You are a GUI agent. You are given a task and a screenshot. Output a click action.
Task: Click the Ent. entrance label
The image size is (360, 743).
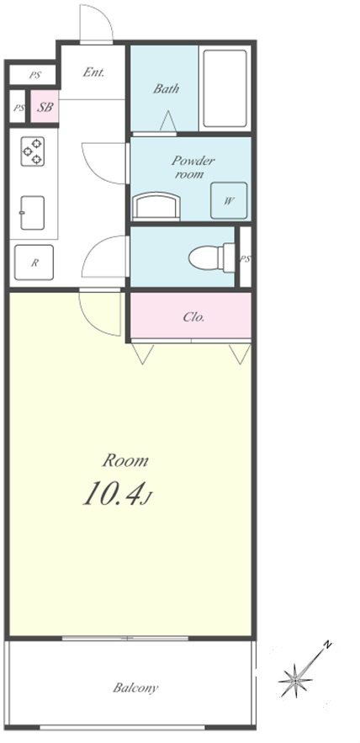tap(94, 72)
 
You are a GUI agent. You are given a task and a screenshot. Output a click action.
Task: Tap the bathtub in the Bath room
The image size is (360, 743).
tap(225, 88)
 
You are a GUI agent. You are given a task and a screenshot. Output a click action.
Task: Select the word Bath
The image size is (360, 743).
tap(166, 88)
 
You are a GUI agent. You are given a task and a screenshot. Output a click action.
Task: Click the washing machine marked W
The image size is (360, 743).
tap(229, 200)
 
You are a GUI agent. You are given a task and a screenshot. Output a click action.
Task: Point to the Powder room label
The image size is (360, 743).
tap(193, 167)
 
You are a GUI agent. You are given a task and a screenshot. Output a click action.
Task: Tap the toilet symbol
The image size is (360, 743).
tap(212, 258)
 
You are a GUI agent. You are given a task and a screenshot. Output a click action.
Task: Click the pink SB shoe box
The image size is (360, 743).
tap(45, 107)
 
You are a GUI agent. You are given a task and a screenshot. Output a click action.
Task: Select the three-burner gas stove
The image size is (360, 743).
tap(33, 151)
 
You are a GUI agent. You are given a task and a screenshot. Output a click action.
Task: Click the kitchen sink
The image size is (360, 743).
tap(33, 213)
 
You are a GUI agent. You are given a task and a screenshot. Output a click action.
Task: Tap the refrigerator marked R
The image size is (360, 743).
tap(34, 263)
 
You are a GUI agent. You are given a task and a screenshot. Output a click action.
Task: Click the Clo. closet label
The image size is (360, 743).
tap(193, 317)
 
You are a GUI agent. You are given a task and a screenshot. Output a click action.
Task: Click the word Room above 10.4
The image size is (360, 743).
tap(125, 460)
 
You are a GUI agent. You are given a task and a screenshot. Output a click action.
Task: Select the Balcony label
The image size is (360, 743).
tap(135, 687)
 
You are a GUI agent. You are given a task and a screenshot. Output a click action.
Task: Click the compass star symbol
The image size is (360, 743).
tap(295, 681)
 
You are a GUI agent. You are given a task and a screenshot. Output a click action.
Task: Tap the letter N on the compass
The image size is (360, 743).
tap(327, 645)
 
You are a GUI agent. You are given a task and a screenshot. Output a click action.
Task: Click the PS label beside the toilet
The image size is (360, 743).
tap(245, 258)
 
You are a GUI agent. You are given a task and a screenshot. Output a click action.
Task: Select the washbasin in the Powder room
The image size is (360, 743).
tap(156, 207)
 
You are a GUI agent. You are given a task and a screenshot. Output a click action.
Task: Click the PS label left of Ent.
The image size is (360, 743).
tap(34, 75)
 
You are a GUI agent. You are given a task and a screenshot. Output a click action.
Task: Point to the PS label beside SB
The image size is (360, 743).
tap(19, 108)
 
